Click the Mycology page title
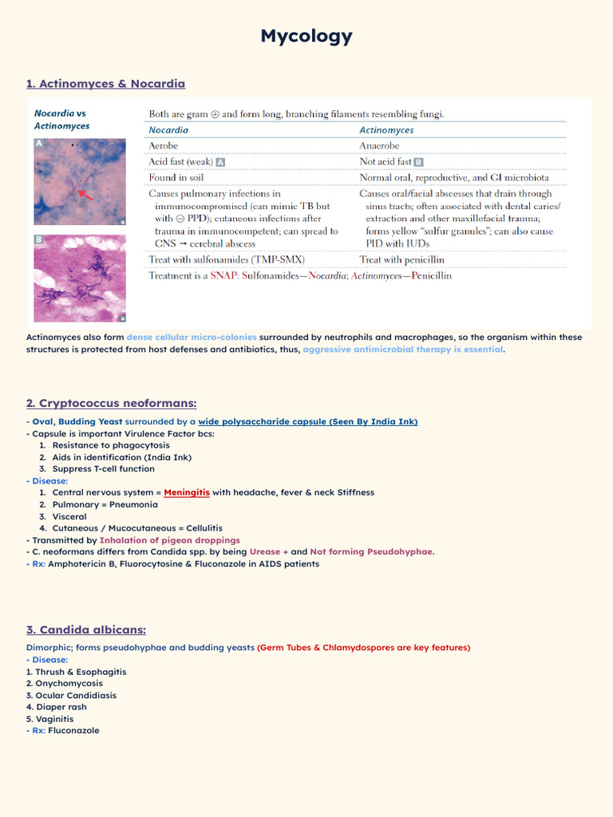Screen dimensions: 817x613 point(306,36)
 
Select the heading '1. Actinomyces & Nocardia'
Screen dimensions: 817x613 point(105,84)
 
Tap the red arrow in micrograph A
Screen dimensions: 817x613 point(85,195)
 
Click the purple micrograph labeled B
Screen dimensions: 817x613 point(79,278)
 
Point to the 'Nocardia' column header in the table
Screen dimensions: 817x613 point(168,130)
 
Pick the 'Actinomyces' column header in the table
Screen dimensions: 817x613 point(386,130)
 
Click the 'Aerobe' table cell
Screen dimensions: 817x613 point(164,146)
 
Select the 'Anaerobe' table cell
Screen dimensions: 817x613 point(379,146)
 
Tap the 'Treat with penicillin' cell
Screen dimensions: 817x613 point(401,259)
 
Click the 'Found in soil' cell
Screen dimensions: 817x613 point(176,177)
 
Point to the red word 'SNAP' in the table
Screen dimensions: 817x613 point(224,275)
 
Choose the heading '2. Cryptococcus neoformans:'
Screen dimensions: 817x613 point(111,404)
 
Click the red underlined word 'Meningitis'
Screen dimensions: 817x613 point(187,492)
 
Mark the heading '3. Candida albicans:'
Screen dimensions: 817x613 point(86,630)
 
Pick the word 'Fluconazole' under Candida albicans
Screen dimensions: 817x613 point(73,730)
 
